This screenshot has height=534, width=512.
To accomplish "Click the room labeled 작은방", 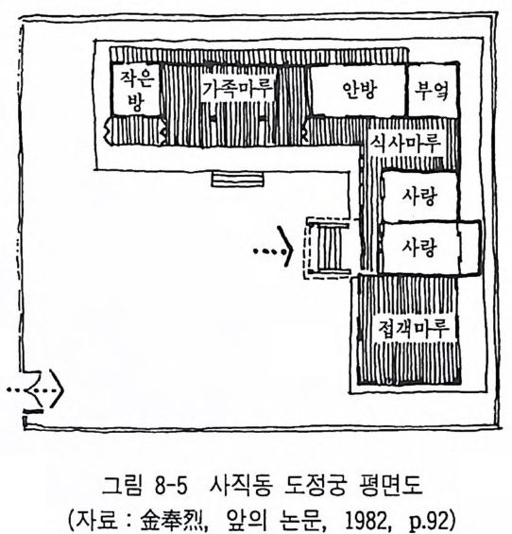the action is click(x=136, y=89).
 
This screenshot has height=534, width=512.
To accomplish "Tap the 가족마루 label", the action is click(x=237, y=89).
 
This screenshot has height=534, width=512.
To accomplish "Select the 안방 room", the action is click(x=358, y=90).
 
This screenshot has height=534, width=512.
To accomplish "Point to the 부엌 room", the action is click(x=433, y=91).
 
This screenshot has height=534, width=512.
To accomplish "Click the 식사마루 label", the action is click(x=406, y=143).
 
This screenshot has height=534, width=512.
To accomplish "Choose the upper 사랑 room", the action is click(x=419, y=197).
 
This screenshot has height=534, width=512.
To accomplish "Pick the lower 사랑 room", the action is click(x=419, y=248).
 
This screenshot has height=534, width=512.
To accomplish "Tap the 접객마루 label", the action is click(x=415, y=328).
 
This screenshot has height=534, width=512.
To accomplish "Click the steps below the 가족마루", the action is click(x=238, y=180).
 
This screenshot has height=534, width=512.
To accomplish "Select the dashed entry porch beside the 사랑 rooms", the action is click(x=328, y=248).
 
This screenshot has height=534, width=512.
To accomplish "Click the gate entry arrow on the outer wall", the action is click(x=35, y=390).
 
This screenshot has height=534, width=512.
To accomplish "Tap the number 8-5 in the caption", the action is click(x=171, y=485).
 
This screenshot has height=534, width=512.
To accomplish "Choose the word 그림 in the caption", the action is click(x=122, y=485).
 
